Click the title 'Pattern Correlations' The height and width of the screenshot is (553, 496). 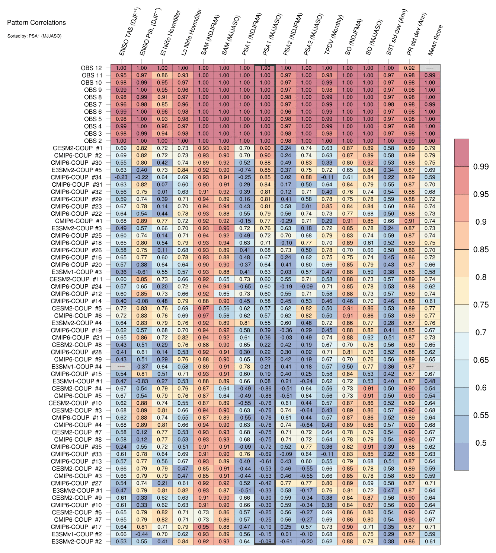click(x=36, y=22)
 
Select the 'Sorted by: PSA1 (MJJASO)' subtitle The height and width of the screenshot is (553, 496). click(x=34, y=36)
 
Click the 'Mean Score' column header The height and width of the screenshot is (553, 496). click(x=435, y=40)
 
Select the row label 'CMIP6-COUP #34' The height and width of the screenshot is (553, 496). click(x=76, y=177)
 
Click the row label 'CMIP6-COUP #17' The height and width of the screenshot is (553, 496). click(x=76, y=527)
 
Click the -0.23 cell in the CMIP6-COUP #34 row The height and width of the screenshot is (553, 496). click(x=121, y=177)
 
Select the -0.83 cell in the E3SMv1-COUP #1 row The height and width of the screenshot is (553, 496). click(x=141, y=381)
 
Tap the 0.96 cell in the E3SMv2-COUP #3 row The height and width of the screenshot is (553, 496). click(x=224, y=228)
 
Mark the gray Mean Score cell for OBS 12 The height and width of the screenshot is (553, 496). click(x=430, y=68)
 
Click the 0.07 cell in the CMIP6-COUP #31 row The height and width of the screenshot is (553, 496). click(x=162, y=184)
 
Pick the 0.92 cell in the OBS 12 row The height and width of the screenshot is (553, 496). click(x=409, y=68)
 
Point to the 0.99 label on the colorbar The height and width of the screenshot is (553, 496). click(x=481, y=167)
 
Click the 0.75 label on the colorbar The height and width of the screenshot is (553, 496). click(x=481, y=304)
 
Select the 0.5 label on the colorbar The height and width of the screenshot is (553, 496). click(x=481, y=443)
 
